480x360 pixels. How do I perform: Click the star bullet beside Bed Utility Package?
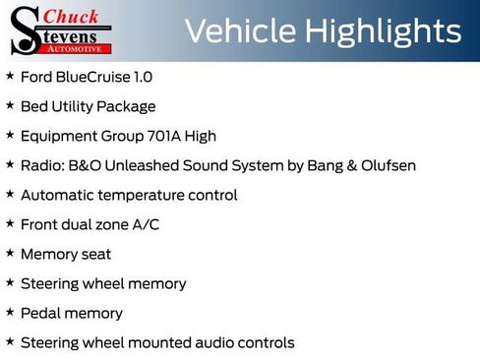10,105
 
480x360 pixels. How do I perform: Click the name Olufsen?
386,165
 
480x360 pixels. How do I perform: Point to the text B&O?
85,165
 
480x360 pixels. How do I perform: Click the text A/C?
145,224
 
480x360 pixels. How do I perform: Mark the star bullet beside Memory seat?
10,253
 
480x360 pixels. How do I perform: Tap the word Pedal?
40,313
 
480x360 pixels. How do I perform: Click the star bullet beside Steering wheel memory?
10,282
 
